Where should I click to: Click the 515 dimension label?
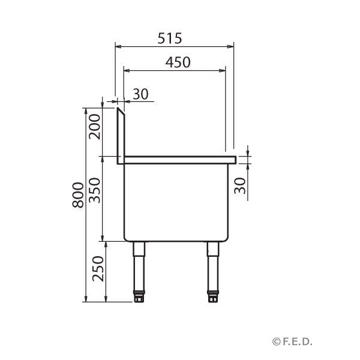[170, 38]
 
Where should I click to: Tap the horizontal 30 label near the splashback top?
[140, 94]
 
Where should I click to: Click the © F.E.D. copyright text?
[299, 341]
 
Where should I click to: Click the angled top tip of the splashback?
[119, 109]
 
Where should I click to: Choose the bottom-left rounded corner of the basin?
[126, 238]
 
